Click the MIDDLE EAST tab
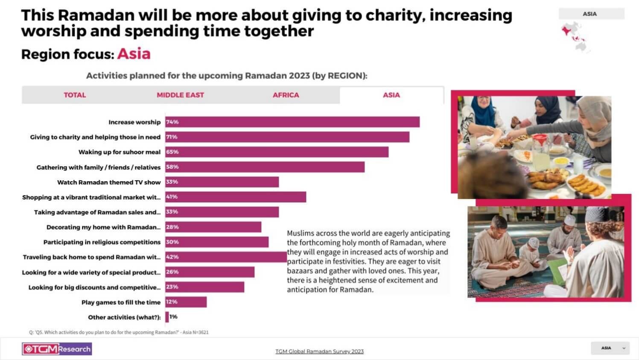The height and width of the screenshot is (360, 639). pyautogui.click(x=180, y=95)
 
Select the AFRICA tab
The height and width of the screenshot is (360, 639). pyautogui.click(x=286, y=95)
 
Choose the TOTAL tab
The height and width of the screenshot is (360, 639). pyautogui.click(x=75, y=95)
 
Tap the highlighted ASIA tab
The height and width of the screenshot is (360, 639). pyautogui.click(x=391, y=95)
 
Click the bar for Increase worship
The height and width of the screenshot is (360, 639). pyautogui.click(x=292, y=122)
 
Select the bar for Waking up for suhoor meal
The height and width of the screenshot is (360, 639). pyautogui.click(x=277, y=152)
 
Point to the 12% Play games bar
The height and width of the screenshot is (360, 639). pyautogui.click(x=186, y=302)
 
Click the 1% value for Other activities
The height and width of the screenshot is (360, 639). pyautogui.click(x=173, y=317)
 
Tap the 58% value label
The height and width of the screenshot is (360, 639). pyautogui.click(x=172, y=167)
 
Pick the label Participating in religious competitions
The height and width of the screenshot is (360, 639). pyautogui.click(x=102, y=242)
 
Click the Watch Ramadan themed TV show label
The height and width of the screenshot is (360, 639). pyautogui.click(x=109, y=182)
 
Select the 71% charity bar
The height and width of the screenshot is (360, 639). pyautogui.click(x=287, y=137)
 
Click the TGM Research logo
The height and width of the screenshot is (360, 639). pyautogui.click(x=57, y=349)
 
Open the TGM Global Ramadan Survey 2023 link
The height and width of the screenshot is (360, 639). pyautogui.click(x=319, y=351)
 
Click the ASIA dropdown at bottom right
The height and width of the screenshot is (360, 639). pyautogui.click(x=610, y=348)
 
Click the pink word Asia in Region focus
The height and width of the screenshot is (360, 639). pyautogui.click(x=134, y=54)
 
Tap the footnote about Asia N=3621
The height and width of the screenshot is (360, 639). pyautogui.click(x=119, y=332)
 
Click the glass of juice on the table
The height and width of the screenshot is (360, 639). pyautogui.click(x=540, y=160)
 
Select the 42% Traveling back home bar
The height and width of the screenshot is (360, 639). pyautogui.click(x=226, y=257)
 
